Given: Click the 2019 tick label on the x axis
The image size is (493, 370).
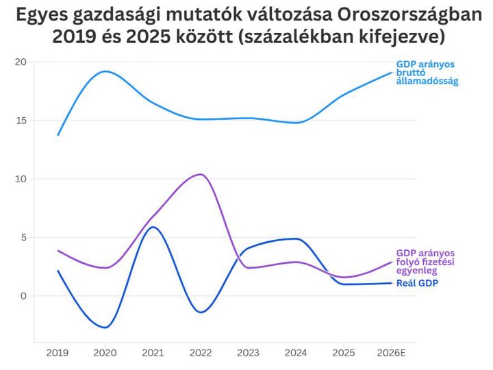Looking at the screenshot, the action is click(58, 353).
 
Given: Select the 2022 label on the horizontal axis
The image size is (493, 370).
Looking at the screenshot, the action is click(201, 353).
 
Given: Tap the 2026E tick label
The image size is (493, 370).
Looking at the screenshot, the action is click(392, 353).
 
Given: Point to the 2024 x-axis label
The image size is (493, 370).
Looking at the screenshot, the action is click(296, 353).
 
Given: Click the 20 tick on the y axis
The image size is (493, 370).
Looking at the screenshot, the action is click(21, 62).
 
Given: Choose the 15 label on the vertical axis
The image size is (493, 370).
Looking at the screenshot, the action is click(21, 121).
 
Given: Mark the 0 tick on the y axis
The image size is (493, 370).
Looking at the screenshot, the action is click(23, 296).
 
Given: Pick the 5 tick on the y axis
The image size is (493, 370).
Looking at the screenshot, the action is click(24, 238).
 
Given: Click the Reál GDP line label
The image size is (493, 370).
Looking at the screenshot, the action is click(417, 283).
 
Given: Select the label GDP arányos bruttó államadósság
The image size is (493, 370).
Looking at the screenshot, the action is click(427, 73).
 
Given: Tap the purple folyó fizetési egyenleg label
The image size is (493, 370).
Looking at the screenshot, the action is click(425, 262).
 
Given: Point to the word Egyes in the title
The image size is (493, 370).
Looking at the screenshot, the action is click(42, 15).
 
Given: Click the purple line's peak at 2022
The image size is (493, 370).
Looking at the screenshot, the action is click(201, 174).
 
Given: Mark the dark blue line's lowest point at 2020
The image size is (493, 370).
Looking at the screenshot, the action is click(105, 328).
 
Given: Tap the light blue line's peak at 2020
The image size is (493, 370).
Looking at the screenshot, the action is click(105, 71).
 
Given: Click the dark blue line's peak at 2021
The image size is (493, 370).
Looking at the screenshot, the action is click(153, 227).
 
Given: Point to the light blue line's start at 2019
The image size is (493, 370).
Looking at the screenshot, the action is click(58, 135).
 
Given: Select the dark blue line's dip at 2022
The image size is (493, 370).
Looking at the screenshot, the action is click(201, 312).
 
